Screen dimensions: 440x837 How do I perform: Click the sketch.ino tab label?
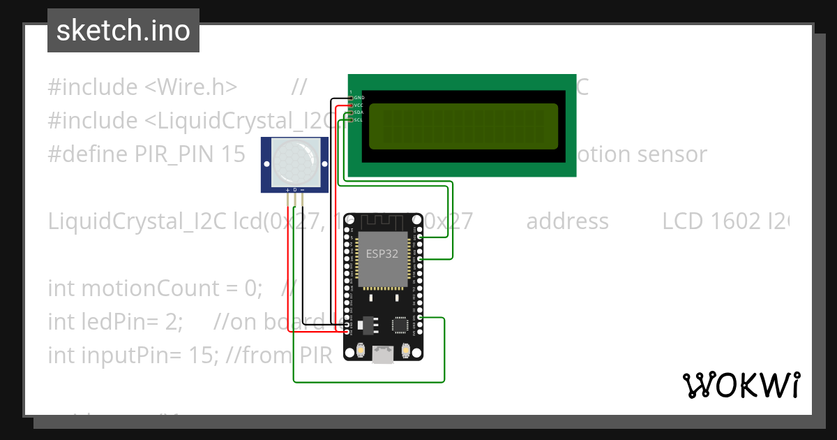coord(123,31)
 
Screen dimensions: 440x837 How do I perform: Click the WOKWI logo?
coord(740,385)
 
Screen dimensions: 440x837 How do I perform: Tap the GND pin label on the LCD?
coord(359,97)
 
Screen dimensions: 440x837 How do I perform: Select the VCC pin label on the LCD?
coord(359,105)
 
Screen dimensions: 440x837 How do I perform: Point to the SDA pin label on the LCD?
coord(359,112)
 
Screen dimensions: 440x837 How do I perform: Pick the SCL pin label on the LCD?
coord(359,120)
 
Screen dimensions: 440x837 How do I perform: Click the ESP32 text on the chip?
coord(382,254)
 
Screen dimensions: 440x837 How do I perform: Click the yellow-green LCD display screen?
coord(463,126)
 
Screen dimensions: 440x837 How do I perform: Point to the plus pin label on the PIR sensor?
coord(287,190)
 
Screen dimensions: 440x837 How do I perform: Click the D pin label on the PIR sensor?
coord(295,190)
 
